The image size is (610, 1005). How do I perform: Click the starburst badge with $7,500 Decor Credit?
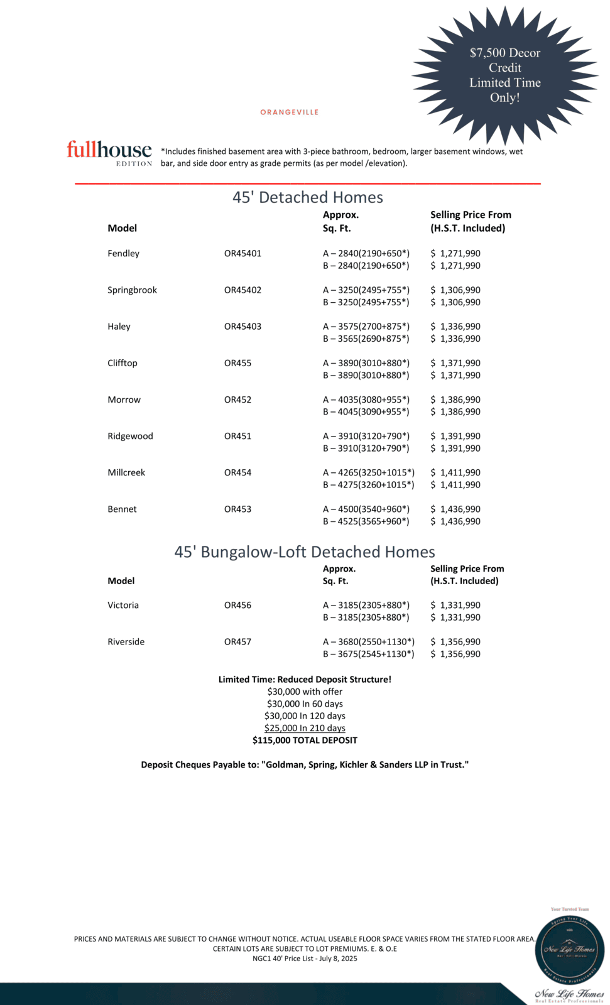tap(505, 75)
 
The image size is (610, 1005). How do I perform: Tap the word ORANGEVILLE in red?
tap(290, 112)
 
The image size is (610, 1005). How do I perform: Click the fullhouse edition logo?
tap(109, 153)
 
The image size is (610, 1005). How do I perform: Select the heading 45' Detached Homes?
tap(307, 197)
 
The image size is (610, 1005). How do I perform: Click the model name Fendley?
tap(123, 254)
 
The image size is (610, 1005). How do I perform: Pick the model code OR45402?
tap(242, 290)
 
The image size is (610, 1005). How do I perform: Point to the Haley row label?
tap(119, 327)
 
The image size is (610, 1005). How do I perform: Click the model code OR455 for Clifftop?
tap(237, 363)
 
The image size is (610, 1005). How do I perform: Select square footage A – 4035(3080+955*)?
tap(366, 399)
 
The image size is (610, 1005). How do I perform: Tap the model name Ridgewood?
tap(130, 436)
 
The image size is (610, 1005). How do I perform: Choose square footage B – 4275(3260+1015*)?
tap(368, 485)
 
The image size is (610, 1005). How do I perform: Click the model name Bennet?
tap(122, 509)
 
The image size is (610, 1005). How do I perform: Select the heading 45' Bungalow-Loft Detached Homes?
tap(305, 551)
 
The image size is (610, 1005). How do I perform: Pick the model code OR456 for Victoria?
tap(237, 606)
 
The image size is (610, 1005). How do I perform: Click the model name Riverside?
tap(126, 642)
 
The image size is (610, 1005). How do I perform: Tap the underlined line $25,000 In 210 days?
tap(305, 728)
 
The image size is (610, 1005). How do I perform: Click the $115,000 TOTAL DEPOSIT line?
tap(305, 741)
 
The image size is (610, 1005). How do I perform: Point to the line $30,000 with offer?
tap(305, 692)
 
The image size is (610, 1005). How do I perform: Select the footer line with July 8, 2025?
tap(305, 959)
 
